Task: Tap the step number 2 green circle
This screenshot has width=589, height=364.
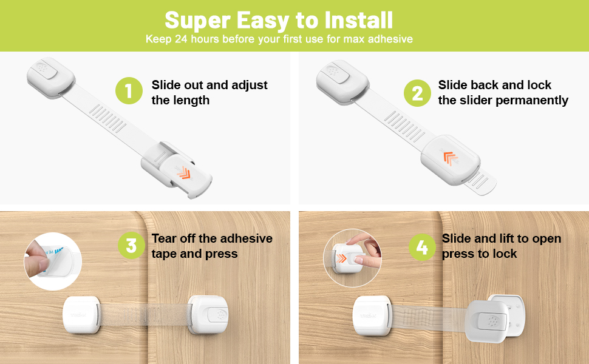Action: pyautogui.click(x=417, y=93)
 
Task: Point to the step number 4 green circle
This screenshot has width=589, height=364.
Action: pyautogui.click(x=421, y=246)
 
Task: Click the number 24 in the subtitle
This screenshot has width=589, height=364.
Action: pyautogui.click(x=182, y=39)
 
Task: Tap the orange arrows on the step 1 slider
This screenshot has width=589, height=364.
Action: pyautogui.click(x=183, y=174)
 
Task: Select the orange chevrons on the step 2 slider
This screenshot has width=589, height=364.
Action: pyautogui.click(x=451, y=158)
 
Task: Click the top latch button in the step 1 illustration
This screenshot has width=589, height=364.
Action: pyautogui.click(x=46, y=69)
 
